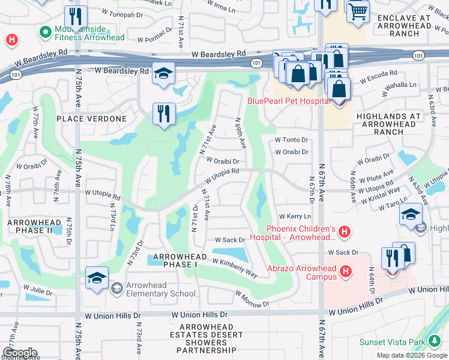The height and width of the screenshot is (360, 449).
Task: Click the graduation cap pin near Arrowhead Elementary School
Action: tap(97, 278)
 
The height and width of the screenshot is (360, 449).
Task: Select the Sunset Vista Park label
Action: tap(391, 343)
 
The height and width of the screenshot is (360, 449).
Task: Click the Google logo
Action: tap(20, 352)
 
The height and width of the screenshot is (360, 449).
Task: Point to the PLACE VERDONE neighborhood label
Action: tap(92, 119)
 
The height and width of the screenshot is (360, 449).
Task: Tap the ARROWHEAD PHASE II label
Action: tap(34, 226)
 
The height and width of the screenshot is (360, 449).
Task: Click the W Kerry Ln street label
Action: tap(295, 216)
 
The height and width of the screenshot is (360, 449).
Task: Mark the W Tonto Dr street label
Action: tap(291, 140)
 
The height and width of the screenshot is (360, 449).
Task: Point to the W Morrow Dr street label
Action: tap(252, 299)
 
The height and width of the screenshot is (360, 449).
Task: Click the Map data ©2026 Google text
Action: tap(411, 355)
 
